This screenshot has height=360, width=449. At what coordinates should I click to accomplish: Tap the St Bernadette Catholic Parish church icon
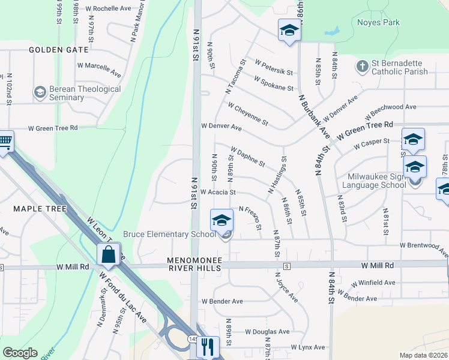click(362, 66)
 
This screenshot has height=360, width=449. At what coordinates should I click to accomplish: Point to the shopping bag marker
click(109, 254)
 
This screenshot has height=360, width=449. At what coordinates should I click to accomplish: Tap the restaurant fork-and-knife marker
click(208, 347)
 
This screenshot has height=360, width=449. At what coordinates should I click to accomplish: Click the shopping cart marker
click(5, 142)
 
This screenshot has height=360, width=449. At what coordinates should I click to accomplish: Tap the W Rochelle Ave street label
click(108, 9)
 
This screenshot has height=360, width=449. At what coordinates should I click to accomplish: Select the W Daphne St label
click(247, 157)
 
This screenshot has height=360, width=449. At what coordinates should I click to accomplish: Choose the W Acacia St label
click(218, 193)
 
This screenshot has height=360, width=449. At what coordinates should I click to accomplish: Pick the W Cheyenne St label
click(248, 113)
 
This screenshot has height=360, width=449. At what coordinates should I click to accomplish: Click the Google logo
click(20, 353)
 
